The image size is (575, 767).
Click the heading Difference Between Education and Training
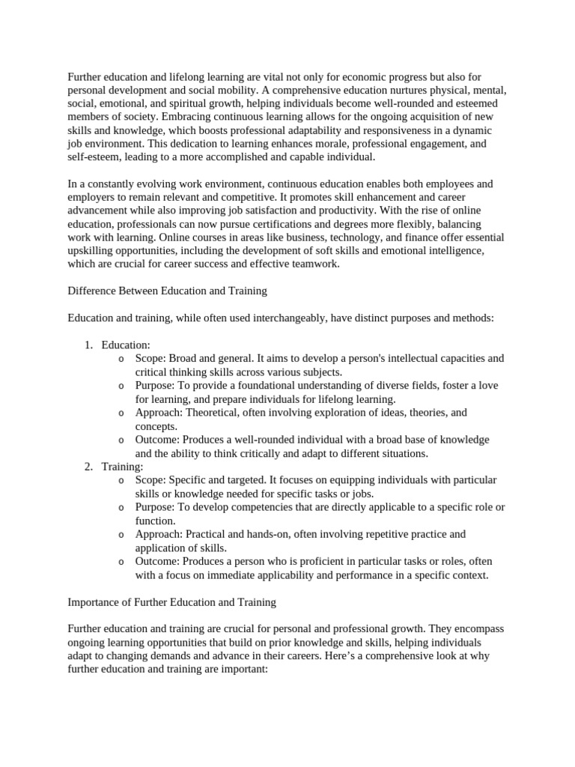168,291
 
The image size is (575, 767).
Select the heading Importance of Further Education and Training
172,601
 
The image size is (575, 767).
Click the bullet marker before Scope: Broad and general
121,359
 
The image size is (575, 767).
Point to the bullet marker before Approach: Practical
121,534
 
